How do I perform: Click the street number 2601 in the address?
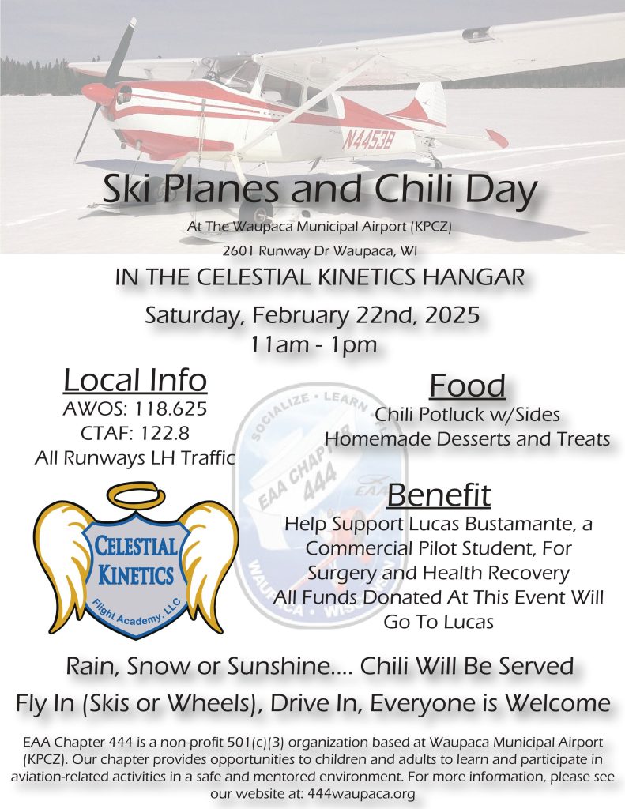point(239,251)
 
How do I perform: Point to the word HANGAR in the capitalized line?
point(474,277)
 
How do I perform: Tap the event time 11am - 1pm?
point(313,344)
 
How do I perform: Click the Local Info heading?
point(135,380)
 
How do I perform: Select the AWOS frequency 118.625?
point(171,408)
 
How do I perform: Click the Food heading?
point(468,386)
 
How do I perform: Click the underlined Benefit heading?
point(439,495)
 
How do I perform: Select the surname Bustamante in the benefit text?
point(518,524)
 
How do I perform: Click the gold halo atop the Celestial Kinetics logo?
point(136,496)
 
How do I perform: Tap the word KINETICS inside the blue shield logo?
point(135,574)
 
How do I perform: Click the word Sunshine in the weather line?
point(278,666)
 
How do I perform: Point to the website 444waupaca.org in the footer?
point(361,793)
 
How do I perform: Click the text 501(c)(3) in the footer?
point(256,743)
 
